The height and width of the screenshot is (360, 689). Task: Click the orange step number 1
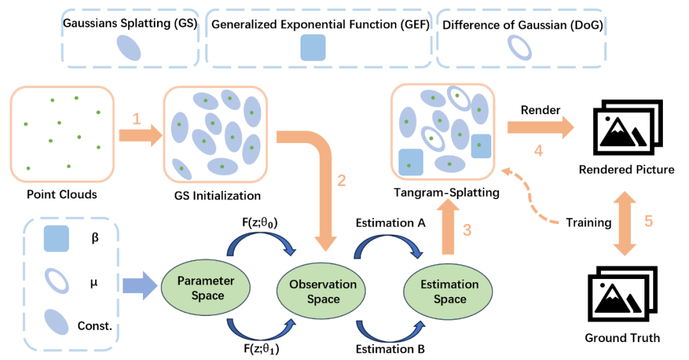pos(135,119)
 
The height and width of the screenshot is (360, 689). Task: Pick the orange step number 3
pos(467,230)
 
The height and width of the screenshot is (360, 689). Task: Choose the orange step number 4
pos(538,152)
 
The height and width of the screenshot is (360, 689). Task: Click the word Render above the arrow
pos(540,110)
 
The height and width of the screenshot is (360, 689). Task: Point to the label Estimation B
pos(387,349)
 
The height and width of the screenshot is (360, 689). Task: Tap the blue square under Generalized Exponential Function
pos(313,48)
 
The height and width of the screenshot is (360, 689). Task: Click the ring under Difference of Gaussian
pos(519,48)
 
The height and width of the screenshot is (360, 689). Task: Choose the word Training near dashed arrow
pos(589,223)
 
